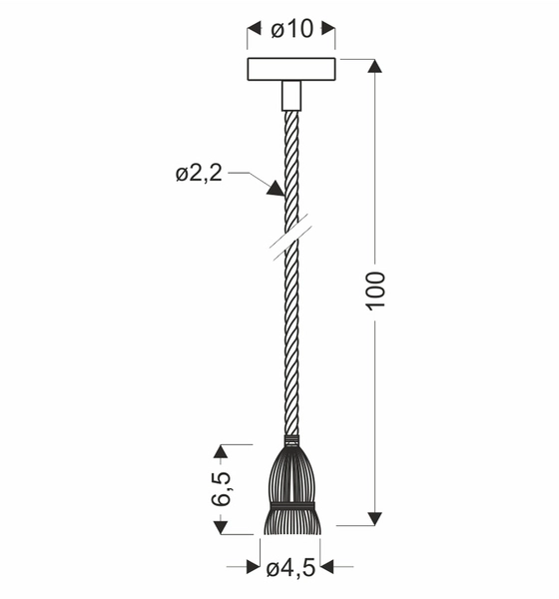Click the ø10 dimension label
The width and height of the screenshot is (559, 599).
coord(291,30)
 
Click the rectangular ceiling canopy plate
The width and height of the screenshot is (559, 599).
coord(290,71)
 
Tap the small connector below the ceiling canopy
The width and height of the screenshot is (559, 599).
coord(290,96)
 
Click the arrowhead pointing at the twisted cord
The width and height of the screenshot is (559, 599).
coord(274,187)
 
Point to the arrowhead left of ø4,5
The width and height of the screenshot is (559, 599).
coord(257,567)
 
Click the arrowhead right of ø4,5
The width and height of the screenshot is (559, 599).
coord(325,567)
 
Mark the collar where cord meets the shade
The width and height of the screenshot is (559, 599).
coord(290,440)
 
